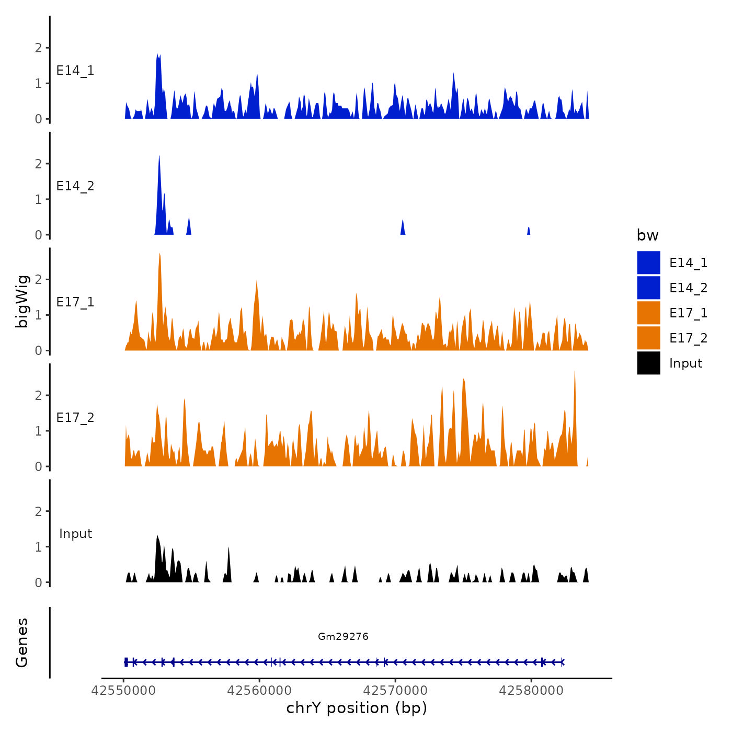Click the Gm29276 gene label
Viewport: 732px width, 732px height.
[x=343, y=636]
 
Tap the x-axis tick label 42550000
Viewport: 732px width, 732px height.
[x=123, y=691]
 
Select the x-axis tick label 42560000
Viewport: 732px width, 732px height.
[x=259, y=691]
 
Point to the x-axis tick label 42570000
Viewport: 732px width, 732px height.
[x=395, y=691]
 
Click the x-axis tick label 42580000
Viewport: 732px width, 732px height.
[x=531, y=691]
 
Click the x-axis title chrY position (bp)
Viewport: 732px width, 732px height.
[x=357, y=708]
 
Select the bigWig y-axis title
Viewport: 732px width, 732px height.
[x=22, y=301]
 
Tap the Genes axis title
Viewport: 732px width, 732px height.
[x=22, y=643]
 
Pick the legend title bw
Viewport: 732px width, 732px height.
[x=647, y=235]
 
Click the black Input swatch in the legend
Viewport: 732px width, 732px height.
[x=648, y=363]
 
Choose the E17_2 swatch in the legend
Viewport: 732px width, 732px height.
[x=648, y=338]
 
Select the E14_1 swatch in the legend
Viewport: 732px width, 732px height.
[x=648, y=262]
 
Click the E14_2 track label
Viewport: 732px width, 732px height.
[x=75, y=186]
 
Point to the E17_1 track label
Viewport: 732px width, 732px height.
[x=75, y=302]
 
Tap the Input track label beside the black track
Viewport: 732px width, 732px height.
[x=75, y=534]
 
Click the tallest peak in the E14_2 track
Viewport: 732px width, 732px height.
[x=159, y=157]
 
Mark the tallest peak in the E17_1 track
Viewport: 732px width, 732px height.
[x=159, y=255]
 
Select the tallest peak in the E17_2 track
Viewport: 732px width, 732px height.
[x=575, y=372]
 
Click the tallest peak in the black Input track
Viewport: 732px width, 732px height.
[x=157, y=536]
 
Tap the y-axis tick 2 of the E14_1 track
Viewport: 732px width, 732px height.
[x=38, y=48]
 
